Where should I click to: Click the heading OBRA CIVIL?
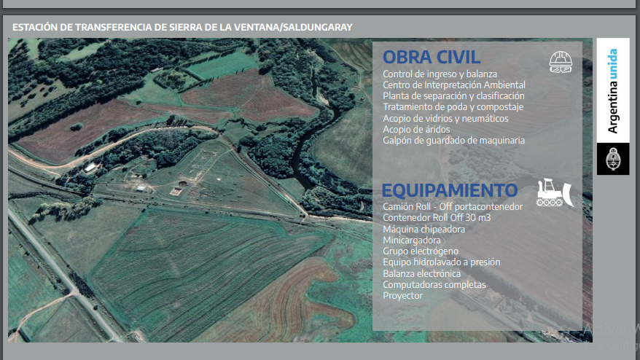click(432, 57)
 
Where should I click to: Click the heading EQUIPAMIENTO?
click(450, 191)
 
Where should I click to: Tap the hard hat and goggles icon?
click(561, 62)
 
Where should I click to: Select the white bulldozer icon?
click(555, 192)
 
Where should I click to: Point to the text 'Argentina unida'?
click(612, 90)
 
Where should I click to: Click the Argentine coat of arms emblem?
click(612, 159)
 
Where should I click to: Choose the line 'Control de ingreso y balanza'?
click(440, 74)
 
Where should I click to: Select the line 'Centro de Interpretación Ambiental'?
click(454, 85)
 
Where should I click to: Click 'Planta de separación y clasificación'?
click(453, 96)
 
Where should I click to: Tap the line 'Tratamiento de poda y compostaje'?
click(453, 107)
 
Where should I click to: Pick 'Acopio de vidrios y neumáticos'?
click(445, 118)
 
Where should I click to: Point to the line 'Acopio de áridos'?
click(416, 130)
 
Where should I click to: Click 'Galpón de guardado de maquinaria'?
click(454, 141)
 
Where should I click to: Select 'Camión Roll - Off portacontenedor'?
click(453, 206)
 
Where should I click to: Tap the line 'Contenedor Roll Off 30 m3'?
click(437, 218)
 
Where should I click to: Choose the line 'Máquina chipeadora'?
click(424, 230)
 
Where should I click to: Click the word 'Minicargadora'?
click(411, 240)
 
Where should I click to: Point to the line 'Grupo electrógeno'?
click(421, 251)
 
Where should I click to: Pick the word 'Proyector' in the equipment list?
click(403, 296)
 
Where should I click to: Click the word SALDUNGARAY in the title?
click(318, 28)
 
